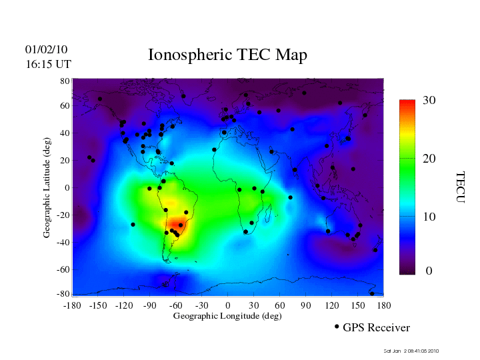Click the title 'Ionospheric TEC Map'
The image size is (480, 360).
pos(227,55)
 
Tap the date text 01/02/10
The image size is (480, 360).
pos(46,49)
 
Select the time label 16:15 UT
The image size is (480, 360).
pos(49,64)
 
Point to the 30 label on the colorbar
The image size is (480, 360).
pos(429,101)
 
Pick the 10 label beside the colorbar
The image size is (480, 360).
pos(429,217)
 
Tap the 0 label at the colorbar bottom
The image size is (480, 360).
pos(429,271)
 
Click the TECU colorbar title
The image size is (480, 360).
pos(460,187)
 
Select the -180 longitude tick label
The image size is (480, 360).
pos(72,305)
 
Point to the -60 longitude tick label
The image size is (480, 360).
pos(175,305)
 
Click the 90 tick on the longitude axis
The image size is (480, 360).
pos(305,305)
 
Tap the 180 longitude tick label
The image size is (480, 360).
pos(383,305)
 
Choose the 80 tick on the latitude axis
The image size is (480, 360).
pos(65,81)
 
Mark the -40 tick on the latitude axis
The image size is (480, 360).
pos(63,242)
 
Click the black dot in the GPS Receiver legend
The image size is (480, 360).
pos(337,327)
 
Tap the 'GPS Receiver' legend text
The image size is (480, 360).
pos(376,327)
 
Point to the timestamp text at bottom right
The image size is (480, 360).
pos(411,351)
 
